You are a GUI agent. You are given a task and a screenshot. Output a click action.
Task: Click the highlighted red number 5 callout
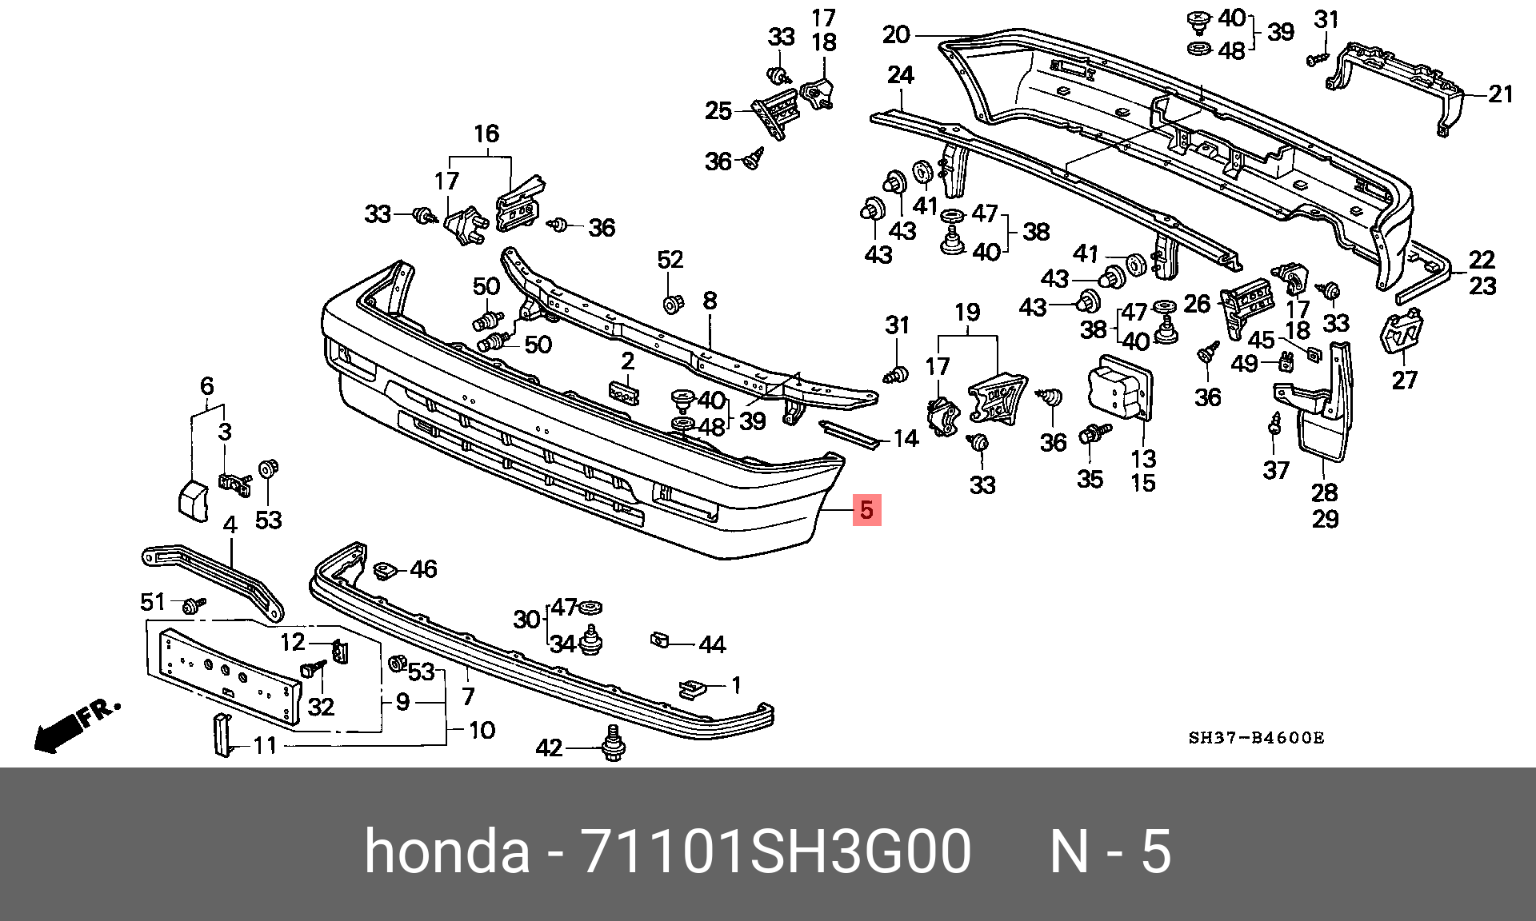pos(867,509)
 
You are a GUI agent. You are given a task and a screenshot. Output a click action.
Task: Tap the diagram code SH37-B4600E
pos(1256,737)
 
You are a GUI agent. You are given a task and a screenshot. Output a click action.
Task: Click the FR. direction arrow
pos(76,726)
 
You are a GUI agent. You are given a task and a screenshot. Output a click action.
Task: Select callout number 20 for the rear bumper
pos(897,35)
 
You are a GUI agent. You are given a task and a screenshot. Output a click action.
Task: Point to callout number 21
pos(1501,94)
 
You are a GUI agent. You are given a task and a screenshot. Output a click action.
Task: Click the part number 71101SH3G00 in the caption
pos(777,852)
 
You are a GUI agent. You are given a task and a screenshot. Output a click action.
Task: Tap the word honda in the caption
pos(447,852)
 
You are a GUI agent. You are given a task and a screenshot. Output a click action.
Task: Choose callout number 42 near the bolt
pos(549,748)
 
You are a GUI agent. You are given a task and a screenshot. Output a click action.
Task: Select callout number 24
pos(900,76)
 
